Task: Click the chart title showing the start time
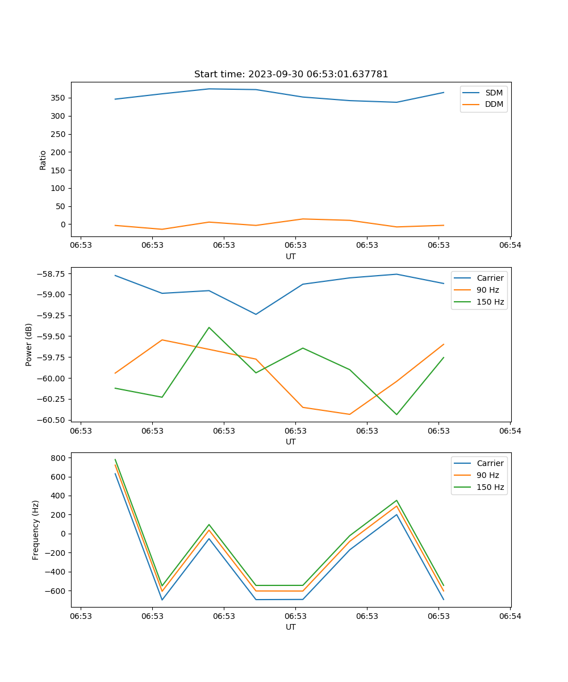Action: [x=291, y=74]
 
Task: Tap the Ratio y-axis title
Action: [x=43, y=160]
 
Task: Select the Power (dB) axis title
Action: [x=29, y=344]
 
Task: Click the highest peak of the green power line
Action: [x=209, y=327]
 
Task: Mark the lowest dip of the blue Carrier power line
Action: [x=256, y=314]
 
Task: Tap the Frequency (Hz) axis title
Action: [x=36, y=530]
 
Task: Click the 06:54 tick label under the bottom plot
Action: [x=510, y=616]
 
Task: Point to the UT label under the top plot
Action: [x=291, y=256]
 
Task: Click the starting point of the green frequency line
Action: [x=115, y=460]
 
